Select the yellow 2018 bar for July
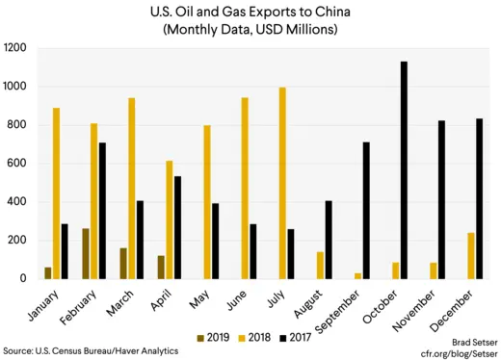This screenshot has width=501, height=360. point(282,183)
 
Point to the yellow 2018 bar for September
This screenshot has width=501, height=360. point(358,275)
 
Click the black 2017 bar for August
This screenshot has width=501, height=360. point(330,240)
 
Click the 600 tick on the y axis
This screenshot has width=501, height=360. point(18,164)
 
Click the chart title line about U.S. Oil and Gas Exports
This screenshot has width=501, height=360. point(250,13)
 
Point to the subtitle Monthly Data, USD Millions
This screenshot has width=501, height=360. point(250,30)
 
